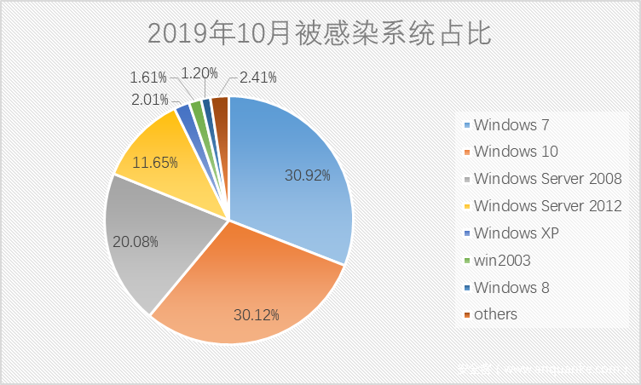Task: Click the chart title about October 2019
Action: click(x=320, y=33)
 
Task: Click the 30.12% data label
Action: click(x=257, y=314)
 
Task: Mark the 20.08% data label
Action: click(x=136, y=241)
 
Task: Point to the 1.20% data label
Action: click(x=199, y=73)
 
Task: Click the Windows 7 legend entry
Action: click(x=511, y=125)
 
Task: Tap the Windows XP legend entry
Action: click(x=517, y=233)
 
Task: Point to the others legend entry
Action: click(x=495, y=313)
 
